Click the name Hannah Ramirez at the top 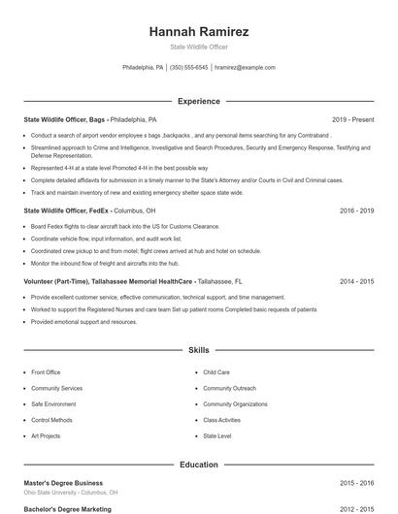click(198, 32)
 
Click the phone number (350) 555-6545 click(189, 68)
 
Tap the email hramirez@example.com click(245, 68)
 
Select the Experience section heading click(198, 101)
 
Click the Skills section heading click(198, 349)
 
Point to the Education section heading click(198, 466)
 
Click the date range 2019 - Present click(352, 119)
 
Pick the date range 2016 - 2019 click(356, 209)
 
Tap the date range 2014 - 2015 click(356, 281)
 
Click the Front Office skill click(46, 371)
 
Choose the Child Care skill click(216, 371)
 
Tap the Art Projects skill click(46, 436)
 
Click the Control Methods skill click(51, 420)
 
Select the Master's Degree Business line click(63, 482)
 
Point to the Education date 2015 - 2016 click(356, 482)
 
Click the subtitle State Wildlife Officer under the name click(198, 48)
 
